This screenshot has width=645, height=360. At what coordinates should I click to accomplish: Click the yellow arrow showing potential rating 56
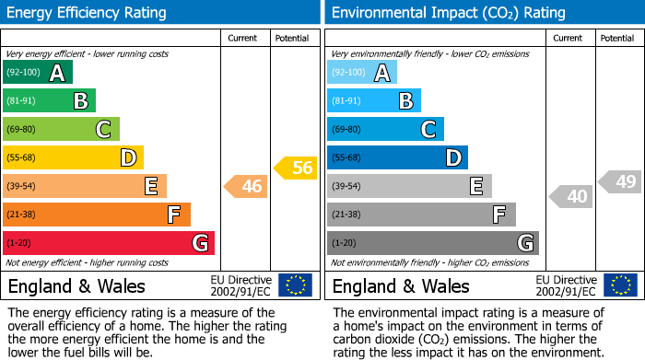296,168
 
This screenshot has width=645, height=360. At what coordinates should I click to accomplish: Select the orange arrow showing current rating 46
246,187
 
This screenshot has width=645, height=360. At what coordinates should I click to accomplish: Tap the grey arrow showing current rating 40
571,196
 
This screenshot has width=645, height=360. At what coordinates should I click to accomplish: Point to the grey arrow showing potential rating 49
620,181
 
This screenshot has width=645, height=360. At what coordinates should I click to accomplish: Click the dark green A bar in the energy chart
38,73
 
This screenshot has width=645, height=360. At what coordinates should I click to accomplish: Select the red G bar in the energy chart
109,243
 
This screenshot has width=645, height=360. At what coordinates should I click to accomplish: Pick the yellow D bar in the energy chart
73,157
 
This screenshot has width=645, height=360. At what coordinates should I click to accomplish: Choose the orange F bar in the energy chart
97,215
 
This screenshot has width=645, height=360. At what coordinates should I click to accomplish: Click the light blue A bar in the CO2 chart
362,73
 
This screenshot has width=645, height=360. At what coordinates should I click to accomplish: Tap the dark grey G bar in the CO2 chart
432,243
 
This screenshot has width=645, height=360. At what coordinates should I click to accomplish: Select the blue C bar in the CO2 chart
385,129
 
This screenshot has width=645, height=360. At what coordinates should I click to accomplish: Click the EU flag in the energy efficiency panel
295,285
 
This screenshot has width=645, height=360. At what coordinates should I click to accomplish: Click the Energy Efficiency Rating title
88,13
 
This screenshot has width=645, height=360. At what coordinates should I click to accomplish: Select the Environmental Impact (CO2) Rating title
448,13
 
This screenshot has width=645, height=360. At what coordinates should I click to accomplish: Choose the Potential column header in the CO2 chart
617,38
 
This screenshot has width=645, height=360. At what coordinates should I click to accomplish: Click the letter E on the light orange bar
150,186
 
